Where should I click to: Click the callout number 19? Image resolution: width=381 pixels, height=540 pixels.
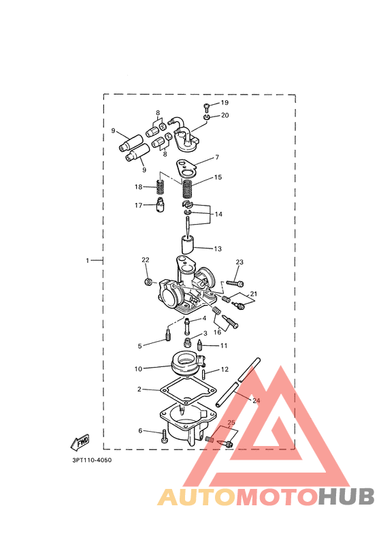coord(225,103)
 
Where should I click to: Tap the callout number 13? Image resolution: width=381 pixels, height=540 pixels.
coord(218,249)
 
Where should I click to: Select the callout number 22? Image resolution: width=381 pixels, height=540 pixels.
coord(146,259)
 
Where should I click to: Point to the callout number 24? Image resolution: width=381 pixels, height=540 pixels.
coord(256,400)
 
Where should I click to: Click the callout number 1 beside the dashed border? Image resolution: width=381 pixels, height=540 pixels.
coord(87,261)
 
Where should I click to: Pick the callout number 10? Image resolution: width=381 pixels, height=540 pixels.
coord(138,369)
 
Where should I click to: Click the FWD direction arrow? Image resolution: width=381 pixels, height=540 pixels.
coord(80,442)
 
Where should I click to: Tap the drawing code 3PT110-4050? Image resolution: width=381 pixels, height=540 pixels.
coord(92,460)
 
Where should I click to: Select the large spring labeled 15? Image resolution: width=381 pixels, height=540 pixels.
coord(186,188)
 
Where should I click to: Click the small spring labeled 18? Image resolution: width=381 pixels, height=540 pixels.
coord(160,187)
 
